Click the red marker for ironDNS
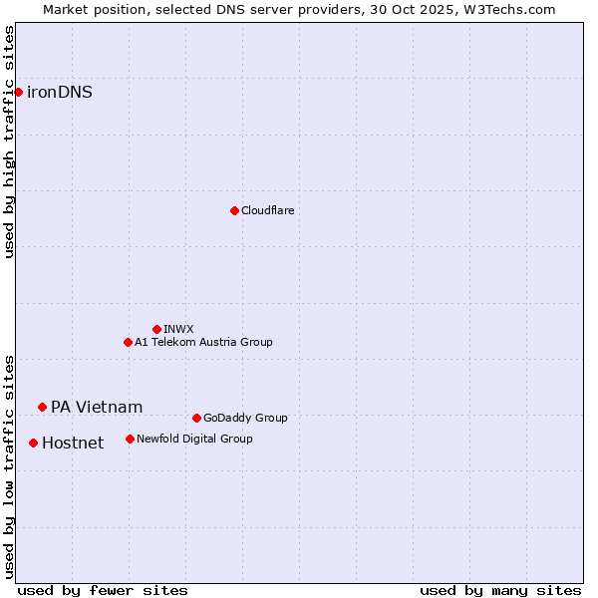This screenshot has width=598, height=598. pyautogui.click(x=18, y=92)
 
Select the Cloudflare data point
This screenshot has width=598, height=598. pyautogui.click(x=234, y=210)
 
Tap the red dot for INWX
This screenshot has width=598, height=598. pyautogui.click(x=156, y=329)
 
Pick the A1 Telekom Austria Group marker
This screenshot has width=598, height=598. pyautogui.click(x=128, y=342)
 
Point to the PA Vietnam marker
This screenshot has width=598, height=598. pyautogui.click(x=42, y=407)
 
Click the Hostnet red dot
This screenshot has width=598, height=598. pyautogui.click(x=33, y=443)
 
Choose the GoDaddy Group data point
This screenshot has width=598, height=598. pyautogui.click(x=196, y=418)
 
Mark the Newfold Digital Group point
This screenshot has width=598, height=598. pyautogui.click(x=130, y=439)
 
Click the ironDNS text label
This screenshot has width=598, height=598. pyautogui.click(x=60, y=93)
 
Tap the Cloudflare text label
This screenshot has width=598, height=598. pyautogui.click(x=267, y=211)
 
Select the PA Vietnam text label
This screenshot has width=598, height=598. pyautogui.click(x=97, y=408)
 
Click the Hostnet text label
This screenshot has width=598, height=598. pyautogui.click(x=73, y=444)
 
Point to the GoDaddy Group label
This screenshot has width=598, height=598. pyautogui.click(x=245, y=419)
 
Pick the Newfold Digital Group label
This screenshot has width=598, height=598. pyautogui.click(x=194, y=440)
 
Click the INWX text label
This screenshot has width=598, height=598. pyautogui.click(x=178, y=330)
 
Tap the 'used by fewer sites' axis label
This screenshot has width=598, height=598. pyautogui.click(x=103, y=590)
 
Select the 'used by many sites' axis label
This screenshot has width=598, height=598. pyautogui.click(x=500, y=590)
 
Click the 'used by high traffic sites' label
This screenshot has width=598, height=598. pyautogui.click(x=10, y=142)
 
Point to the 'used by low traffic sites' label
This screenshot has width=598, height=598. pyautogui.click(x=10, y=465)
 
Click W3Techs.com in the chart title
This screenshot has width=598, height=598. pyautogui.click(x=509, y=9)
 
